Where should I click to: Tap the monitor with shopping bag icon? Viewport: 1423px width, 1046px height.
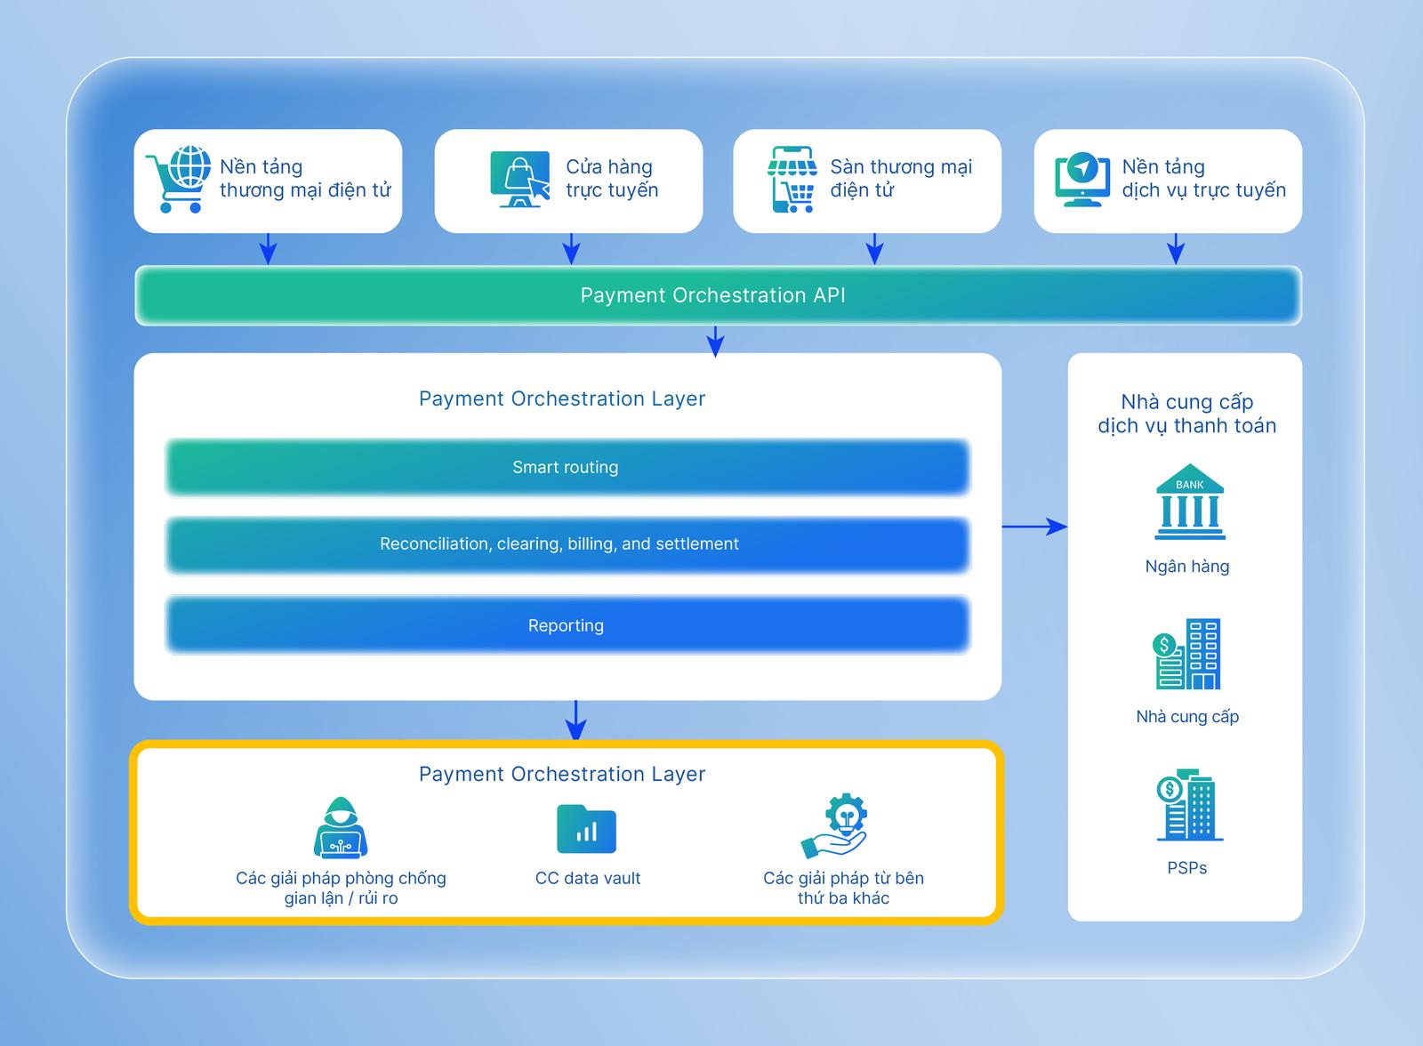pos(519,179)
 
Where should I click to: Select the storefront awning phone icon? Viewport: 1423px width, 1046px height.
pos(792,179)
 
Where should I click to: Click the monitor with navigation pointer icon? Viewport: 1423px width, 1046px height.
pos(1081,180)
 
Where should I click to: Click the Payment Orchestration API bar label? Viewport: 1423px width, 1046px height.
pos(712,295)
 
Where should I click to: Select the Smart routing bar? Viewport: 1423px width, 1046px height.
pos(567,467)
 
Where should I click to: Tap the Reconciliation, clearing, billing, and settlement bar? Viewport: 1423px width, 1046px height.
pos(567,544)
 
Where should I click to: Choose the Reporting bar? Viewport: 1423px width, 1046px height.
pos(567,625)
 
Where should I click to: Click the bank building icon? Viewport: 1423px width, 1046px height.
pos(1189,502)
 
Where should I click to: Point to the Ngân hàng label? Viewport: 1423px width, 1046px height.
pos(1187,567)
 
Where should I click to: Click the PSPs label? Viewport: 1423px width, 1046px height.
pos(1187,868)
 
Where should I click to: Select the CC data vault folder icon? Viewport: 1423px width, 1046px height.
pos(586,829)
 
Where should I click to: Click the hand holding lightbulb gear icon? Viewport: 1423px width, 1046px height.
pos(836,826)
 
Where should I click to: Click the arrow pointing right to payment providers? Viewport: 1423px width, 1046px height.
pos(1034,527)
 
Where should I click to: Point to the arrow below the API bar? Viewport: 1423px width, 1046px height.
pos(715,341)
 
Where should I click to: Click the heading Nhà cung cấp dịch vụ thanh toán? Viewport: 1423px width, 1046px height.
pos(1187,414)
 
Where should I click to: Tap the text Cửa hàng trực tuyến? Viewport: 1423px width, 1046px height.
pos(612,178)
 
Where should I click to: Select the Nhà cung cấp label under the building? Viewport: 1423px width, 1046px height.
pos(1187,717)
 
